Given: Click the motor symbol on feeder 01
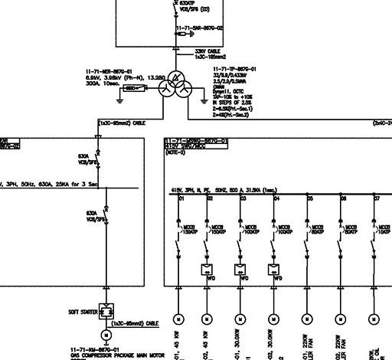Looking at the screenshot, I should click(177, 318).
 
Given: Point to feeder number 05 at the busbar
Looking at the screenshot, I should click(310, 198).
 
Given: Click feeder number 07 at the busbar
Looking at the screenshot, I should click(376, 198).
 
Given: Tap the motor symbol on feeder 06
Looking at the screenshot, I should click(340, 318).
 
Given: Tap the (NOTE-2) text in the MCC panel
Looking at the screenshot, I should click(175, 153).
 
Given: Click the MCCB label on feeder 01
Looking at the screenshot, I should click(188, 227).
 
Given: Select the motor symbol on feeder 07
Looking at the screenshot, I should click(373, 318).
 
